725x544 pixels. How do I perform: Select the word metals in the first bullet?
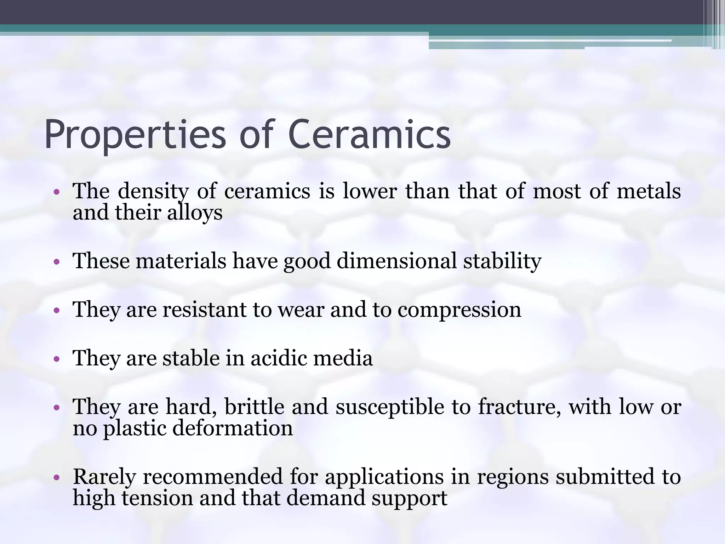tap(649, 191)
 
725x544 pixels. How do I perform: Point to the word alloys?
tap(195, 213)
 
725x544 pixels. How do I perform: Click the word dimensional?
tap(396, 261)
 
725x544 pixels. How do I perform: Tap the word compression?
tap(459, 310)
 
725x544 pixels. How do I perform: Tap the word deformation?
tap(233, 428)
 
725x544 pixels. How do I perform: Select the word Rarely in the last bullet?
tap(104, 477)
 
